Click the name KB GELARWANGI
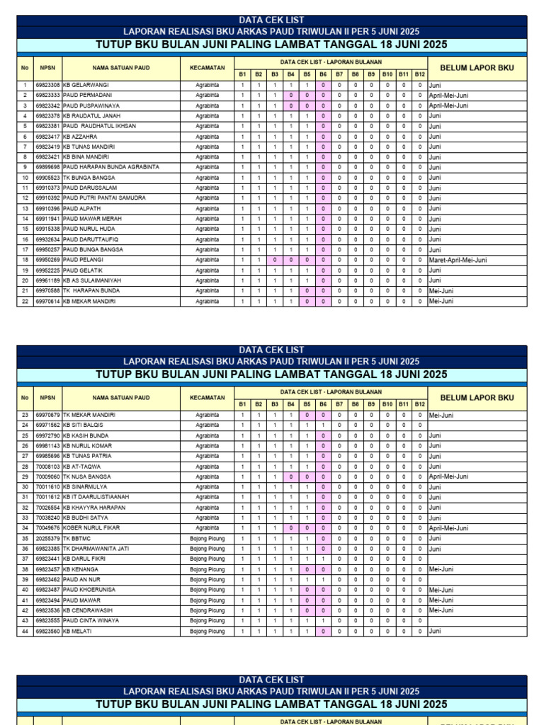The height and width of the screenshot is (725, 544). pyautogui.click(x=86, y=85)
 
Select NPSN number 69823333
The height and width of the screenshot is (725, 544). pyautogui.click(x=47, y=95)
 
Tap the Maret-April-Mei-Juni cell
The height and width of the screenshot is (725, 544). pyautogui.click(x=457, y=260)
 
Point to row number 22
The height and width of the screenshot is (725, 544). pyautogui.click(x=25, y=301)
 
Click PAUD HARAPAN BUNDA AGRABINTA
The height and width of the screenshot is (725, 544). pyautogui.click(x=110, y=167)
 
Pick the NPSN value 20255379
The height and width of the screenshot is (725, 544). pyautogui.click(x=47, y=538)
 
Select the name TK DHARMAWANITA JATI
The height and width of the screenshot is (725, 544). pyautogui.click(x=96, y=549)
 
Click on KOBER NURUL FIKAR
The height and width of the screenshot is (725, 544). pyautogui.click(x=91, y=528)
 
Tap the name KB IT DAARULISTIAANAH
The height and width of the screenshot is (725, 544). pyautogui.click(x=96, y=497)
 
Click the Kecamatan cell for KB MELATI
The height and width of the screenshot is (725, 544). pyautogui.click(x=207, y=631)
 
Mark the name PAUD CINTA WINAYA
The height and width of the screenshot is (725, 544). pyautogui.click(x=91, y=621)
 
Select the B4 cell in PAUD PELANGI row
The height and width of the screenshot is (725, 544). pyautogui.click(x=290, y=260)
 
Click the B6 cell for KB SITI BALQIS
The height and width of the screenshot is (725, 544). pyautogui.click(x=323, y=425)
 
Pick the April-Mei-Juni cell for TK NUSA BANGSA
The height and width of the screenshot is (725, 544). pyautogui.click(x=448, y=476)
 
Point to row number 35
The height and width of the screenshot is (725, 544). pyautogui.click(x=25, y=538)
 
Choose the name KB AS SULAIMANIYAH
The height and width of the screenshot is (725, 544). pyautogui.click(x=93, y=280)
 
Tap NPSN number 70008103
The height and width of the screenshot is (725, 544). pyautogui.click(x=47, y=467)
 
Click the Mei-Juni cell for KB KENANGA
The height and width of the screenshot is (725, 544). pyautogui.click(x=441, y=569)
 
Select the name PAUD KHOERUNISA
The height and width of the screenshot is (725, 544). pyautogui.click(x=89, y=590)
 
